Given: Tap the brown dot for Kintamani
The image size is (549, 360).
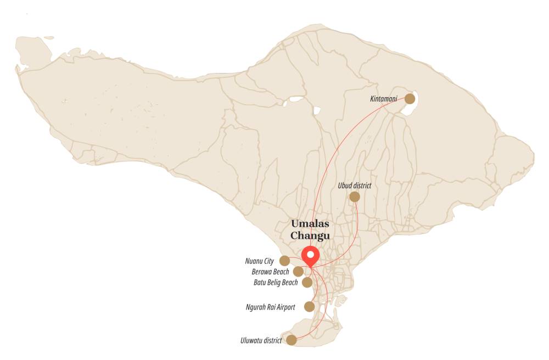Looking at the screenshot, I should pos(410,99).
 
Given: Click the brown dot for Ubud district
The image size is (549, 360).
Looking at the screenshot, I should pos(355,196).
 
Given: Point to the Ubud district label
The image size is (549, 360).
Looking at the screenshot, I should pos(355,185).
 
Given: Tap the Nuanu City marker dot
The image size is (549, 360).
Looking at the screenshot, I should pos(284,261).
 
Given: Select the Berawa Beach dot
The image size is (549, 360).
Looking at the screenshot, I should pos(298,272).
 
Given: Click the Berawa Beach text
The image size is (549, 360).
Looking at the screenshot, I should pos(268,272).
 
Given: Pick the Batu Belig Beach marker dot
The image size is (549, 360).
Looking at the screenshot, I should pos(307,282).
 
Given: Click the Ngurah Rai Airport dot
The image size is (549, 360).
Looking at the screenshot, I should pos(310,307).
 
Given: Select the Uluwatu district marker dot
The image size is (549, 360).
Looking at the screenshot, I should pos(292,340).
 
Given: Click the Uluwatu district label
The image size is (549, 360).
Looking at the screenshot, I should pos(261,341).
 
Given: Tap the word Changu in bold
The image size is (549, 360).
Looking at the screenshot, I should pos(310,235).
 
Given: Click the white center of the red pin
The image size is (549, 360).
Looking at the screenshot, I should pos(311,255).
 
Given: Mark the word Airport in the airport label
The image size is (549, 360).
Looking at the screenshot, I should pos(284,307).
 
